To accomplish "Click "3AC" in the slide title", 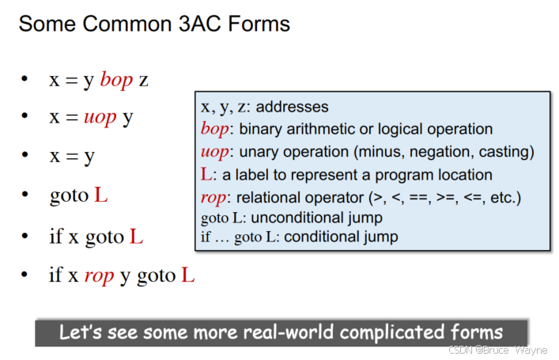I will (x=203, y=24).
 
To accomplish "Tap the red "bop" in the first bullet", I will (x=116, y=80).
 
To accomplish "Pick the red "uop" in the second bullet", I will (x=100, y=118).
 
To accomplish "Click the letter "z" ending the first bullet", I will (x=143, y=80).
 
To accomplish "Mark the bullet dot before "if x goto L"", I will (x=26, y=235).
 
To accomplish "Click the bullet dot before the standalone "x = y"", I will (x=26, y=157).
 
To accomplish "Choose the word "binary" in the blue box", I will (x=260, y=129).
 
